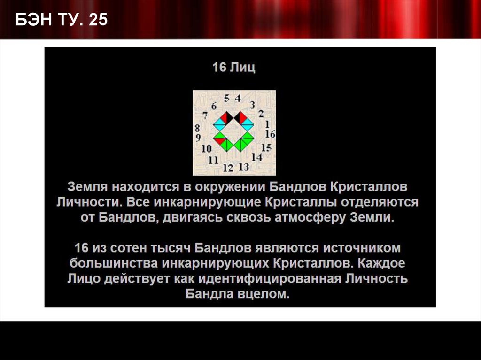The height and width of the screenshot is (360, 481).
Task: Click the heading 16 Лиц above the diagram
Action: tap(233, 68)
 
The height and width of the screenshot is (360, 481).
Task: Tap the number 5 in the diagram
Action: tap(227, 99)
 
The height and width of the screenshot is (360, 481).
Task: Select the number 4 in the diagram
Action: tap(238, 99)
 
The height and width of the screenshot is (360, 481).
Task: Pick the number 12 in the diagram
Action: tap(228, 168)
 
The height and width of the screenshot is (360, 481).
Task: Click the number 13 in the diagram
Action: tap(243, 167)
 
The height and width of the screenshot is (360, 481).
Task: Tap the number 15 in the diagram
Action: tap(266, 147)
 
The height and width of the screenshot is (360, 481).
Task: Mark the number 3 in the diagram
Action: tap(252, 104)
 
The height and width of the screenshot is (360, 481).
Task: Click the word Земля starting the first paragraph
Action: tap(85, 187)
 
